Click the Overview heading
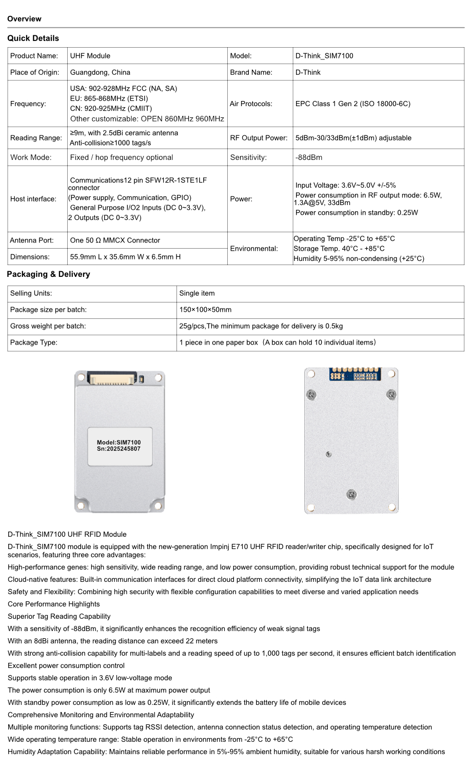tap(24, 19)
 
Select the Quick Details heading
tap(33, 38)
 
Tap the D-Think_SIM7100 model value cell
tap(324, 56)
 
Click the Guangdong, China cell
tap(100, 72)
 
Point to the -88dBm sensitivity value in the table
tap(309, 157)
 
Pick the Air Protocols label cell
tap(251, 104)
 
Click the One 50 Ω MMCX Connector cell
tap(115, 240)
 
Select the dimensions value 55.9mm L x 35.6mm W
tap(125, 257)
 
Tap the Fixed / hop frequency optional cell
tap(122, 157)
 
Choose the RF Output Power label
tap(259, 138)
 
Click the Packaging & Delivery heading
tap(48, 274)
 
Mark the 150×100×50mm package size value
tap(205, 310)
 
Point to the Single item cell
tap(197, 293)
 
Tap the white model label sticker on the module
tap(120, 446)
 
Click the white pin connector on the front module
tap(114, 380)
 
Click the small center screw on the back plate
tap(329, 454)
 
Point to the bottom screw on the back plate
tap(351, 495)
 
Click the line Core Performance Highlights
tap(54, 604)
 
